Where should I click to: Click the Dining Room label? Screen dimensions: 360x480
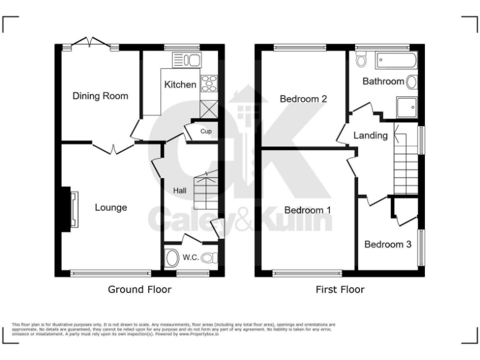click(x=101, y=96)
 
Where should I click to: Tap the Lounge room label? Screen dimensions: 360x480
click(x=111, y=207)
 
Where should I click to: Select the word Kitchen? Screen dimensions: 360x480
click(x=180, y=84)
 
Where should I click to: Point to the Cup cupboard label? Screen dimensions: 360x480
click(x=206, y=132)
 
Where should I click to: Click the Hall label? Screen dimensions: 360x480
click(x=179, y=190)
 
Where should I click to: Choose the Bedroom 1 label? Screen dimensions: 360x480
click(x=307, y=210)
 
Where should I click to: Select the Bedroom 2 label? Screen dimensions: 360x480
click(x=304, y=99)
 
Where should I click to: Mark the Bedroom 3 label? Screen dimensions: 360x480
click(x=387, y=244)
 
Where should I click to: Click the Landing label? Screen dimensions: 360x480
click(x=371, y=135)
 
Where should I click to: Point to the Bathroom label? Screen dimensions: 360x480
click(x=383, y=81)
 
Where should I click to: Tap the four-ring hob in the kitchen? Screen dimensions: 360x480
click(x=208, y=83)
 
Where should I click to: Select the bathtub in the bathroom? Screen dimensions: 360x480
click(x=395, y=61)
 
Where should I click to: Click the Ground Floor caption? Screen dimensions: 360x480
click(x=139, y=289)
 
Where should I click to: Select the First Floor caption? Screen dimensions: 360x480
click(x=339, y=289)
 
